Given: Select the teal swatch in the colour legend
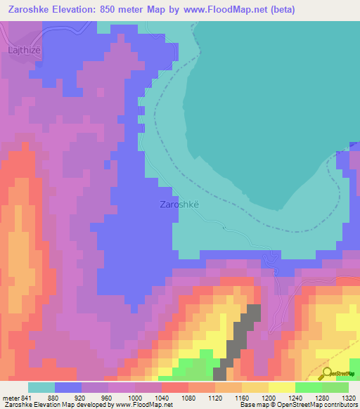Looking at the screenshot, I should point(41,387).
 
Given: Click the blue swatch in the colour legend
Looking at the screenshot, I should point(67,387).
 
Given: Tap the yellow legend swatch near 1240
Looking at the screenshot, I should point(282,387).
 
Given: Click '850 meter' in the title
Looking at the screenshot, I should point(139,10).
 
